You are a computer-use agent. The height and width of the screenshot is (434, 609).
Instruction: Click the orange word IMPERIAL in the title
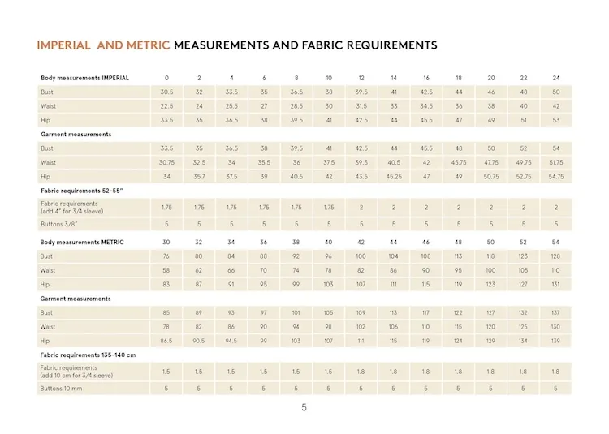(x=64, y=45)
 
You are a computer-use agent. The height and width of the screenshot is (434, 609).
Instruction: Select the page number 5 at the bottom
(x=304, y=408)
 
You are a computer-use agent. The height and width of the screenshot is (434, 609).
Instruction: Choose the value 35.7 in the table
(x=200, y=176)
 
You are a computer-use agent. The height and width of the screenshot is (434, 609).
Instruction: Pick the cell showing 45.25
(x=394, y=176)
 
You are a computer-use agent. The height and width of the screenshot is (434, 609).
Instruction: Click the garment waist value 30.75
(x=167, y=162)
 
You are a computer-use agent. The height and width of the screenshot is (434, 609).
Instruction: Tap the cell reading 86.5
(x=166, y=340)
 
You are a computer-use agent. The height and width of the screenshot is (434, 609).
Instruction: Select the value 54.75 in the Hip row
(x=556, y=176)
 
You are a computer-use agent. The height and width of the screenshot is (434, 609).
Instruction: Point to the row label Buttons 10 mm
(x=62, y=389)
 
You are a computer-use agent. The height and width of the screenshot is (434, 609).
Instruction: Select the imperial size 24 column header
(x=556, y=78)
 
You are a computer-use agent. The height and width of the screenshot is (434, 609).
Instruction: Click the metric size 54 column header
(x=556, y=242)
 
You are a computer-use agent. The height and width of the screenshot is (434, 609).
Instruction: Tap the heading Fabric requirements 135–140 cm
(x=88, y=355)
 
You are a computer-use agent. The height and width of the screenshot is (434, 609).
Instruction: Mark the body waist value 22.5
(x=167, y=106)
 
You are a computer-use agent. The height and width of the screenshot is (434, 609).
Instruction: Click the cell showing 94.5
(x=231, y=340)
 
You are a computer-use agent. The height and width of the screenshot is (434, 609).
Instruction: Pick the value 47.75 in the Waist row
(x=491, y=162)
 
